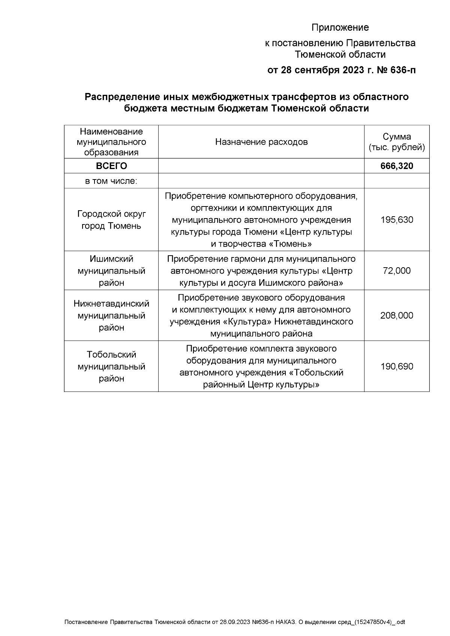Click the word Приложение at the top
pos(340,27)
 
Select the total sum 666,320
pos(397,166)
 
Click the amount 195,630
pos(397,220)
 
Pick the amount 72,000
pos(397,271)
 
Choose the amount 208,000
pos(397,315)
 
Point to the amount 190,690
pos(397,366)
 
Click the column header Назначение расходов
pos(261,142)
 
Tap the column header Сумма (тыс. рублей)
pos(397,142)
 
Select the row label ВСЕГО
pos(111,166)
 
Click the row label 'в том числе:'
pos(111,181)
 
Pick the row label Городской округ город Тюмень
pos(111,220)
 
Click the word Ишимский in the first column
pos(111,259)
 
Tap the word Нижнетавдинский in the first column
pos(111,304)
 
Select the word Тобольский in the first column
pos(111,355)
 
